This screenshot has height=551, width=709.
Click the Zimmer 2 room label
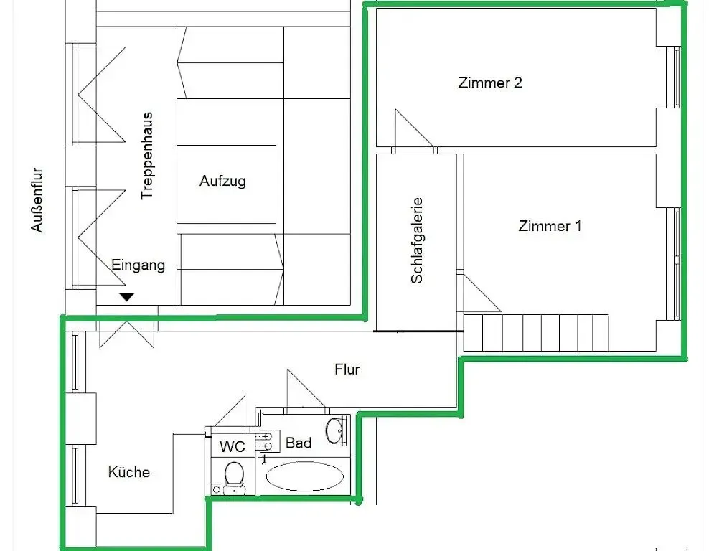pos(490,83)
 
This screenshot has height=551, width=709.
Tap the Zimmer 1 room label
pos(550,226)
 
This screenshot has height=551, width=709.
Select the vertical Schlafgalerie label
pos(417,240)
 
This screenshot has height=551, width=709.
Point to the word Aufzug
pos(222,181)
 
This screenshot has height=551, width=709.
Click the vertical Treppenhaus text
pos(147,155)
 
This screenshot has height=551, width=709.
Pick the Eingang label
pos(138,265)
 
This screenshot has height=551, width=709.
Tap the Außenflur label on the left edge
pos(37,200)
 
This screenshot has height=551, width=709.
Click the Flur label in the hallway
pos(347,369)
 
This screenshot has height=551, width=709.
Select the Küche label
pos(129,472)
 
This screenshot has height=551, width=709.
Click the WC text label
pos(232,447)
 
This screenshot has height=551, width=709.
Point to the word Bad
pos(299,443)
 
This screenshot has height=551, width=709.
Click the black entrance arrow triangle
pos(127,296)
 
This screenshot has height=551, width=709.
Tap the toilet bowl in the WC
pos(233,476)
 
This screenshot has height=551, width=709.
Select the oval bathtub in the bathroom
pos(304,475)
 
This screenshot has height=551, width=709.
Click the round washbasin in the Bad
pos(334,430)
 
